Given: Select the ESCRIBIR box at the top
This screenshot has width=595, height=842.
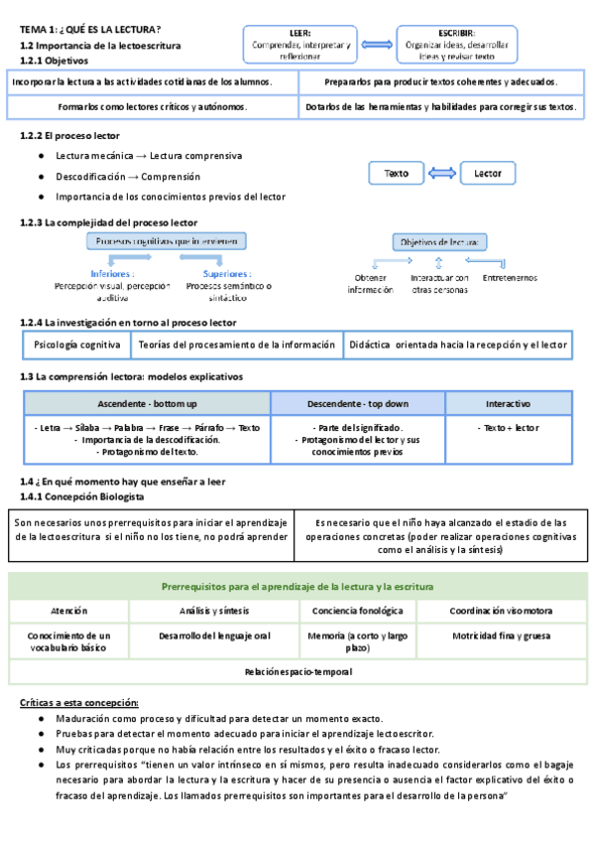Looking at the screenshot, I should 455,44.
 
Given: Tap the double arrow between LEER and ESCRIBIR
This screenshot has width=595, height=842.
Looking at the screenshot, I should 378,45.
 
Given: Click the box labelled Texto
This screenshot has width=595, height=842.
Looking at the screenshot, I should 396,174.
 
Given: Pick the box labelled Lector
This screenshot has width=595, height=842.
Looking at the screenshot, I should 488,174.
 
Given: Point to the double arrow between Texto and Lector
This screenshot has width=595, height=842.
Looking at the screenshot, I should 442,174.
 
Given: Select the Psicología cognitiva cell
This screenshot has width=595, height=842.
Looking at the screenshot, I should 76,345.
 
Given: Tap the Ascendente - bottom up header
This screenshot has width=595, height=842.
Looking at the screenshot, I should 147,403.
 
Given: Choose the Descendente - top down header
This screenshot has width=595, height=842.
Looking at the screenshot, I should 357,403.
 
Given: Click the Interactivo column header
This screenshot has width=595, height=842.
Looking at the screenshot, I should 508,403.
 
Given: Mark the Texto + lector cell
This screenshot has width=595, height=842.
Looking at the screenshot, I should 508,428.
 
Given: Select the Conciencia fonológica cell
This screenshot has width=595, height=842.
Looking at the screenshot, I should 357,611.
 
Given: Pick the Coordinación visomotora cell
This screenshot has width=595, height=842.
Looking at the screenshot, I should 502,611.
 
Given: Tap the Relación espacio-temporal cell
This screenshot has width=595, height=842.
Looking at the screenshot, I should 297,672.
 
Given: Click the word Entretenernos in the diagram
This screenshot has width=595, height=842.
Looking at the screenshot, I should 510,278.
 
